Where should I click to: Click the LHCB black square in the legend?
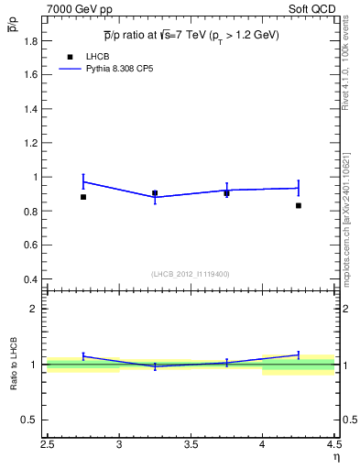point(70,57)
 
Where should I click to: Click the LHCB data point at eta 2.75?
point(83,197)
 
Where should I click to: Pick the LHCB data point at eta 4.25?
point(299,205)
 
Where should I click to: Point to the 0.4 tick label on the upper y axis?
point(30,278)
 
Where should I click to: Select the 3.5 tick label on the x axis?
point(191,446)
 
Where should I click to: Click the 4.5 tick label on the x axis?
point(333,446)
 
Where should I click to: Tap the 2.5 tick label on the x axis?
point(48,446)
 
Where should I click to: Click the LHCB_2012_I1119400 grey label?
point(190,274)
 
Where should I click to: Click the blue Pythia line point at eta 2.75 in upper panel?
point(83,181)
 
